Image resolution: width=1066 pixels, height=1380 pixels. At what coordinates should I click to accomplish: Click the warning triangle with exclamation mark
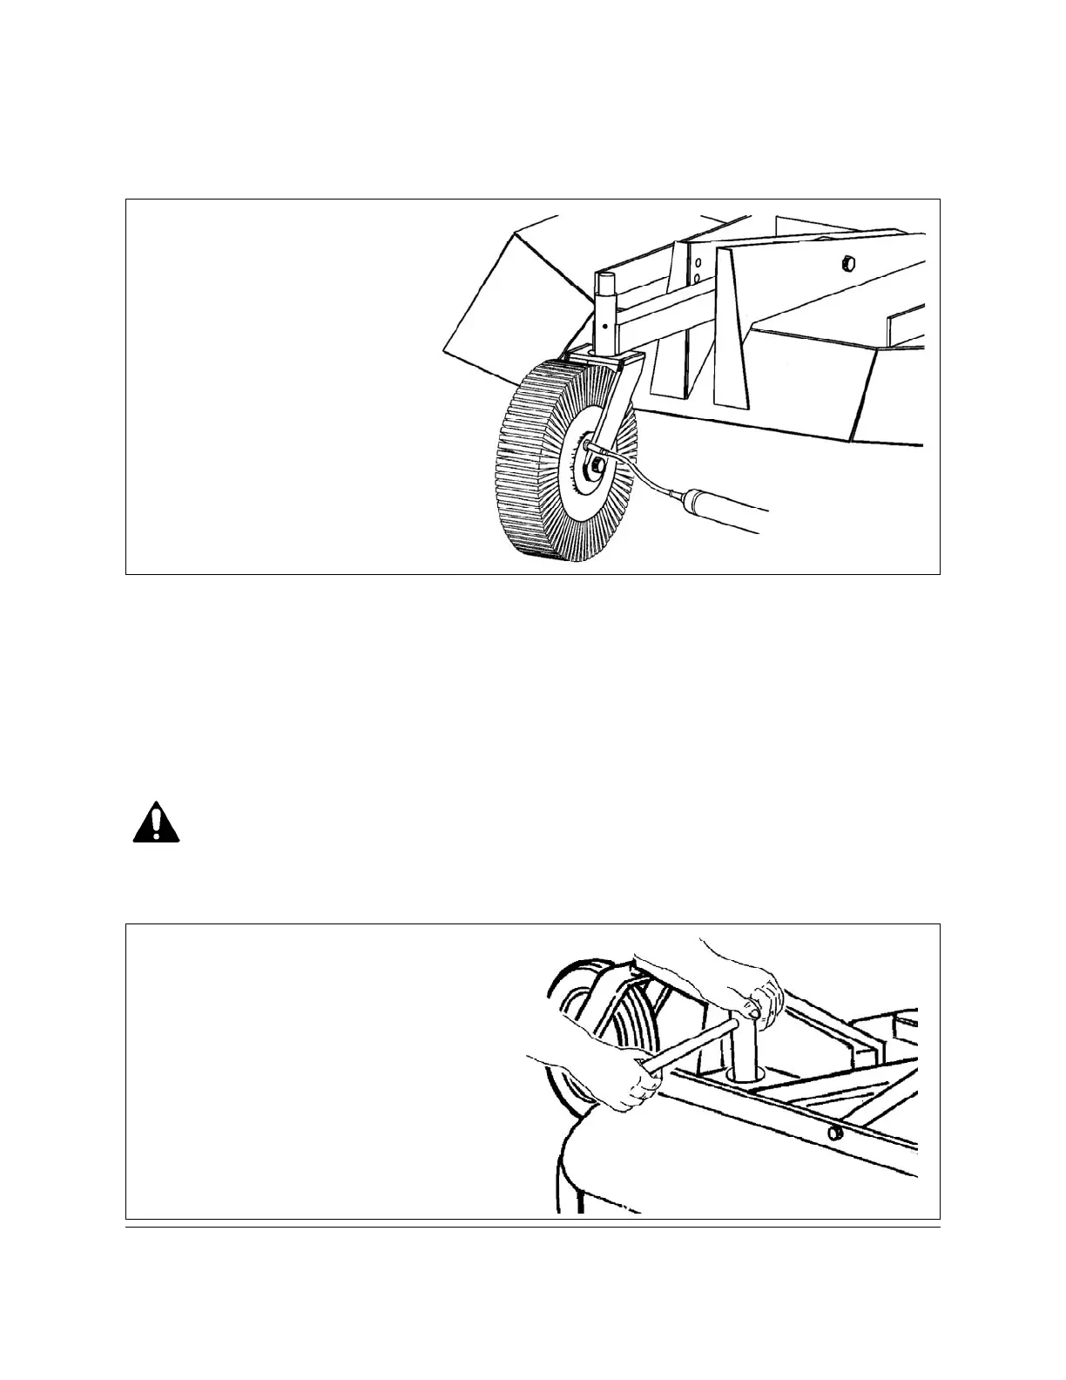pyautogui.click(x=156, y=823)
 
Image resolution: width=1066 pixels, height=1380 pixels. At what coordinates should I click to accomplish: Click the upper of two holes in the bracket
pyautogui.click(x=698, y=263)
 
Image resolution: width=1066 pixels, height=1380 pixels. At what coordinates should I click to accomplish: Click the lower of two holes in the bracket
pyautogui.click(x=698, y=280)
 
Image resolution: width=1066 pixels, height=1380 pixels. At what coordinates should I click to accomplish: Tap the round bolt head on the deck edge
pyautogui.click(x=834, y=1132)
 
